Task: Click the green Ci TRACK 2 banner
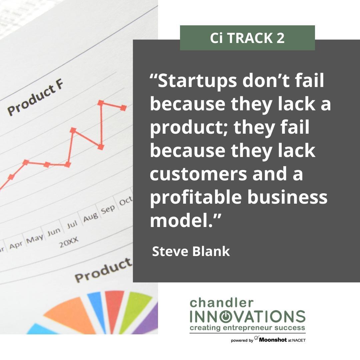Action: (x=247, y=38)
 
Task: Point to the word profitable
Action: (x=196, y=198)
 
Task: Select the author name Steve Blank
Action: (x=191, y=251)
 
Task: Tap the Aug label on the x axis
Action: (x=90, y=217)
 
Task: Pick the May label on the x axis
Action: (x=35, y=238)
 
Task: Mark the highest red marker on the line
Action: (x=101, y=103)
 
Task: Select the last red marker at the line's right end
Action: (x=123, y=107)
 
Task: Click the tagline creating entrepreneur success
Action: (x=247, y=328)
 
